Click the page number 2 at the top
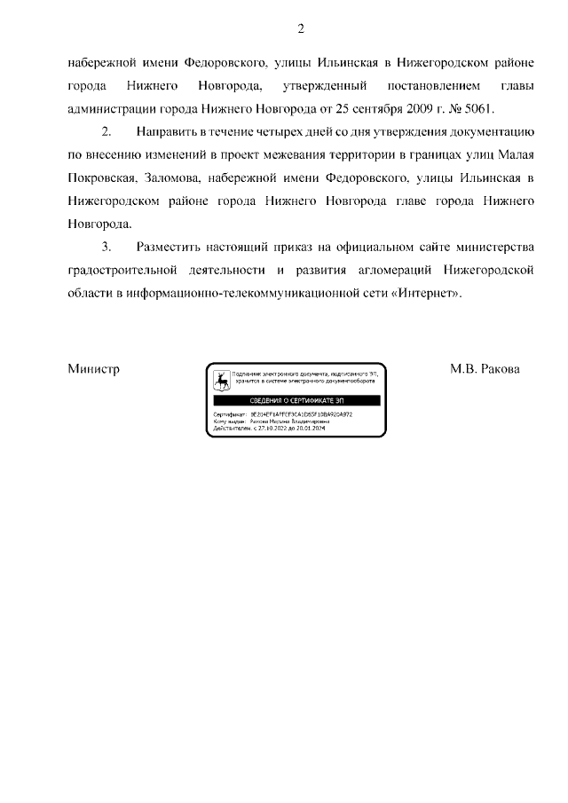click(301, 30)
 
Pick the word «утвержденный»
click(325, 85)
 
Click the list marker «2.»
click(106, 131)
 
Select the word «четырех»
click(291, 131)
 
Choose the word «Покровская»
click(97, 177)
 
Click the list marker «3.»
click(106, 247)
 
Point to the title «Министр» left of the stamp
click(93, 368)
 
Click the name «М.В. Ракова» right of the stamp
click(485, 368)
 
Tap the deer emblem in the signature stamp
click(220, 381)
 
